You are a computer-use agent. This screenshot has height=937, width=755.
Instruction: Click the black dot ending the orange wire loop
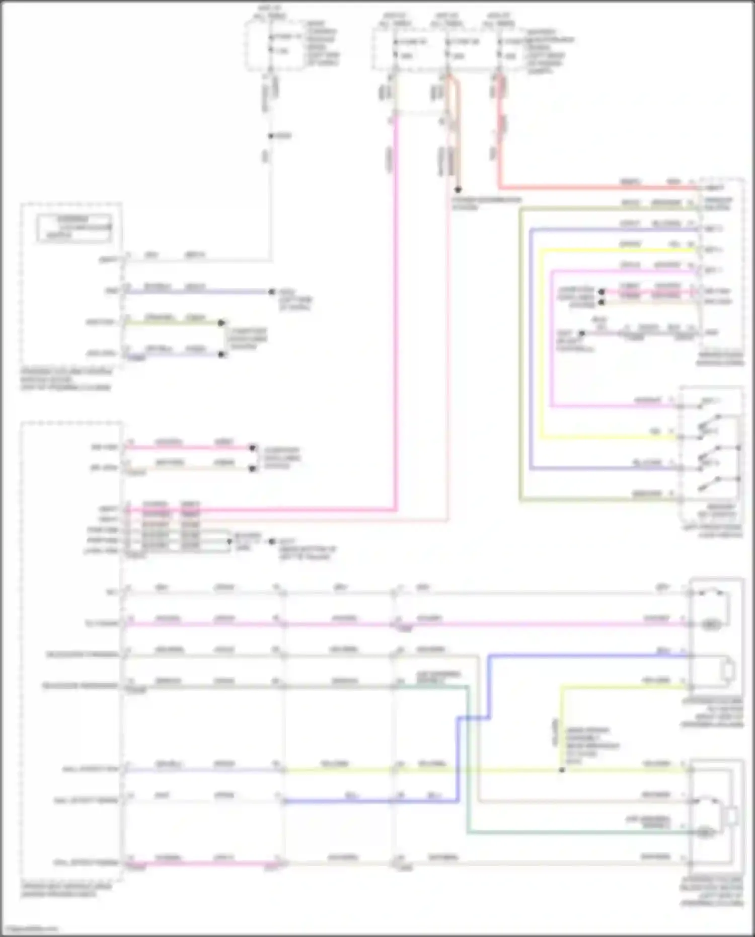[x=458, y=190]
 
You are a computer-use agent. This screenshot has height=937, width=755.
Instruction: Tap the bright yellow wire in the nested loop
[x=541, y=352]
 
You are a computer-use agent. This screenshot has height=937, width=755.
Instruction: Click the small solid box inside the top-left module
[x=74, y=228]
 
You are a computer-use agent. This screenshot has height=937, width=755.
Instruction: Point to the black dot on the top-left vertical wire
[x=271, y=136]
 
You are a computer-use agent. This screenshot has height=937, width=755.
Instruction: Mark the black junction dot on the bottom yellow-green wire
[x=562, y=770]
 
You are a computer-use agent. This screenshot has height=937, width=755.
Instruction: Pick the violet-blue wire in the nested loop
[x=531, y=352]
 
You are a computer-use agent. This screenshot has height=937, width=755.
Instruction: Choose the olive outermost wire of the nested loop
[x=521, y=352]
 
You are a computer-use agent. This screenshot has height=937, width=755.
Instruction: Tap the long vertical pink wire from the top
[x=396, y=302]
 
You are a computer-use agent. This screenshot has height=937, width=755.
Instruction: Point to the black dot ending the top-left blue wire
[x=272, y=292]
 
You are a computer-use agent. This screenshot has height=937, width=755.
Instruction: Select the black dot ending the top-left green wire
[x=221, y=323]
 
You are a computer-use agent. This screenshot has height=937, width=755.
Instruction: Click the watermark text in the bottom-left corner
[x=30, y=929]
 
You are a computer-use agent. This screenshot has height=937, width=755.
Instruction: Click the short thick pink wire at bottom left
[x=201, y=864]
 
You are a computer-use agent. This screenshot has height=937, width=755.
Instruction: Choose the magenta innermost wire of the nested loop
[x=552, y=352]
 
